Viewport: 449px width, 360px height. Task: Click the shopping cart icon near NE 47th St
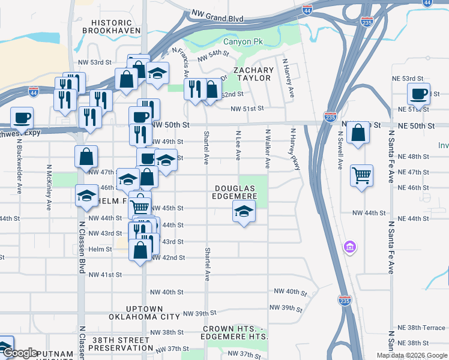coord(361,176)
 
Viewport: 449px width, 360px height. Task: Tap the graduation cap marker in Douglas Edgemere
coord(244,211)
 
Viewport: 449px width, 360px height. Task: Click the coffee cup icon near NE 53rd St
coord(418,94)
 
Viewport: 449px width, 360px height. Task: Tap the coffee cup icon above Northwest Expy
coord(22,117)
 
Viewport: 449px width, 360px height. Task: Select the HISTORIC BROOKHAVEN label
coord(111,25)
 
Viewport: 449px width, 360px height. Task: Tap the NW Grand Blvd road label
coord(217,16)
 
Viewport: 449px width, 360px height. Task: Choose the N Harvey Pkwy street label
coord(295,149)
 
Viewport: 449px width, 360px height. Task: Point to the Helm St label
coord(100,249)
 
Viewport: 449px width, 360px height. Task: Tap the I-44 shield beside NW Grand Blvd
coord(307,10)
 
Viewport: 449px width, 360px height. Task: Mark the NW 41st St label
coord(105,274)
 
